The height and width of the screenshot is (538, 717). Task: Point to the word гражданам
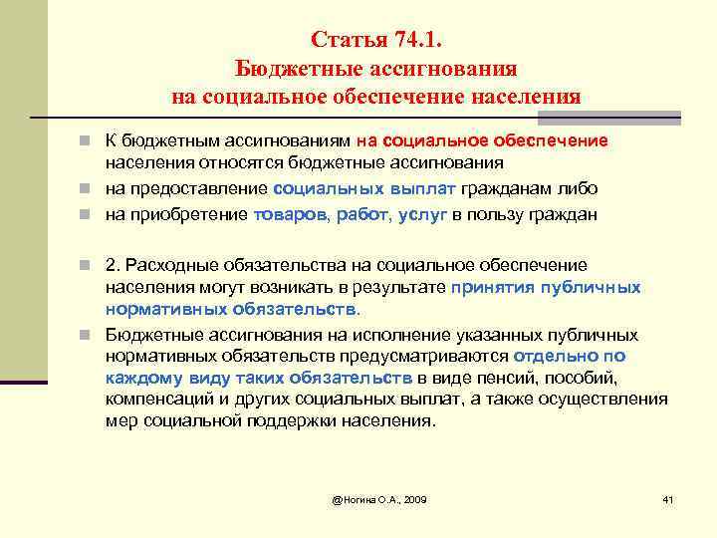pyautogui.click(x=506, y=187)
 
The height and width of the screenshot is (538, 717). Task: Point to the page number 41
pyautogui.click(x=667, y=498)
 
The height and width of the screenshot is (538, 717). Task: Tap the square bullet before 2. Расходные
pyautogui.click(x=94, y=265)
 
